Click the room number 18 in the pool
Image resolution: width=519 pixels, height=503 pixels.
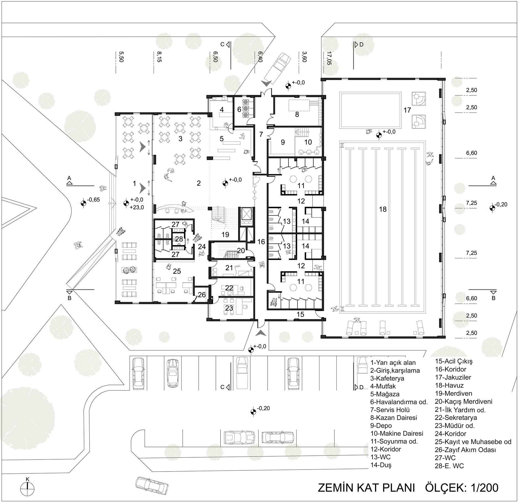pyautogui.click(x=383, y=209)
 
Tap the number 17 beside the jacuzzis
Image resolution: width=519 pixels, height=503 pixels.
pyautogui.click(x=407, y=110)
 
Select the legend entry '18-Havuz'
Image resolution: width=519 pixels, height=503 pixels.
pyautogui.click(x=449, y=385)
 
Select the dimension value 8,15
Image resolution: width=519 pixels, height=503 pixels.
pyautogui.click(x=159, y=57)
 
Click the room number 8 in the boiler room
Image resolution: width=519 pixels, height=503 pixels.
pyautogui.click(x=297, y=114)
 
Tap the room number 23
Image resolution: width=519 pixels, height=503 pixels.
pyautogui.click(x=229, y=308)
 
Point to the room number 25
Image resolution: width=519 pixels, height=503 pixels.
pyautogui.click(x=177, y=271)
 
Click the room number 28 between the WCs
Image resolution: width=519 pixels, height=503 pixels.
pyautogui.click(x=179, y=238)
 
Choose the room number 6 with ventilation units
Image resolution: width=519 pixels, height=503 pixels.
pyautogui.click(x=239, y=109)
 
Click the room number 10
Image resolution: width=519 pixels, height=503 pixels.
pyautogui.click(x=308, y=142)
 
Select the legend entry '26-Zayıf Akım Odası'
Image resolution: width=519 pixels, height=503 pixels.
pyautogui.click(x=465, y=450)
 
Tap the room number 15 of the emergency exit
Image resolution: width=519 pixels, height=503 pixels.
pyautogui.click(x=300, y=314)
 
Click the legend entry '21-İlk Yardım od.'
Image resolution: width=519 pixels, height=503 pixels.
pyautogui.click(x=460, y=410)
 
